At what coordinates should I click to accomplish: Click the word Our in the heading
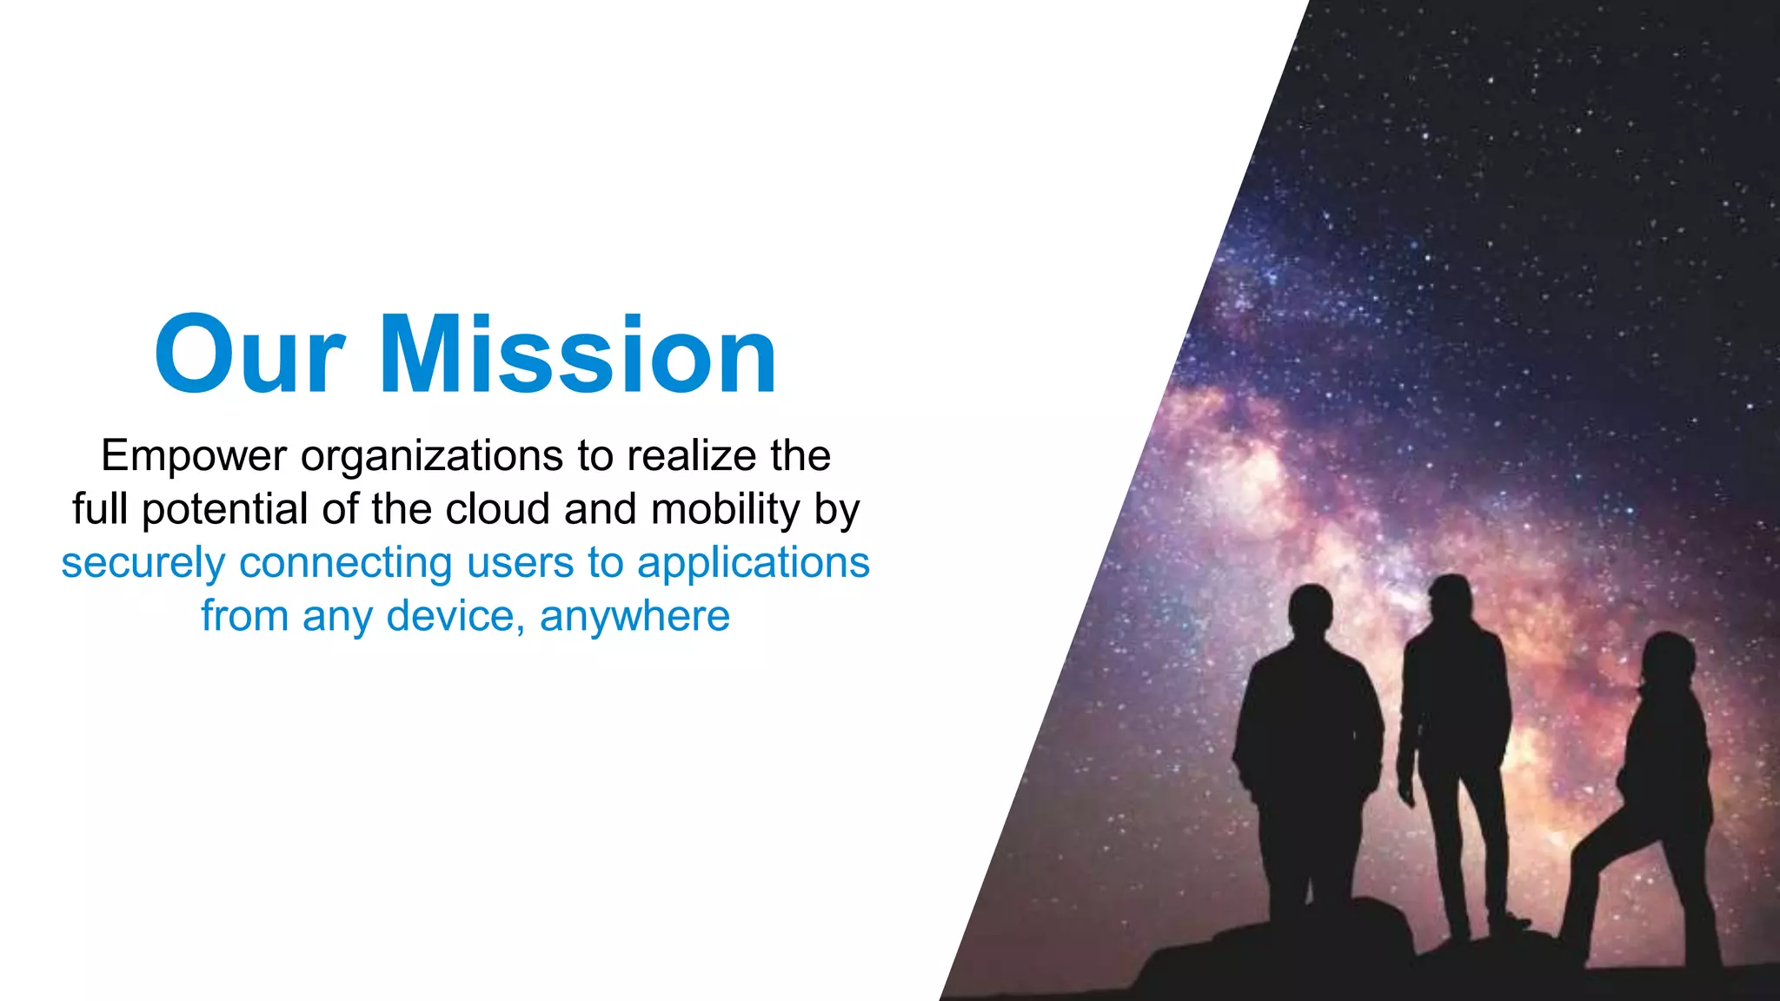[249, 355]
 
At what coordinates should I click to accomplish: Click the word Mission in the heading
[578, 355]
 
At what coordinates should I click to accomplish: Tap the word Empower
[193, 455]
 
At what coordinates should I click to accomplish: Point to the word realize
[692, 455]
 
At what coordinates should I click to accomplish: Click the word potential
[225, 510]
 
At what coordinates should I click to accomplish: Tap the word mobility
[726, 510]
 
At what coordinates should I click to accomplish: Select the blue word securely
[143, 563]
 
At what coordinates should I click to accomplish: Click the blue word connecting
[346, 563]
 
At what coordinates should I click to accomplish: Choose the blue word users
[520, 562]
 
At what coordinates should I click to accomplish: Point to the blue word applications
[754, 563]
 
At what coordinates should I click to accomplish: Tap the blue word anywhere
[634, 617]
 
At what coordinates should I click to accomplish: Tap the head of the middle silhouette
[1449, 600]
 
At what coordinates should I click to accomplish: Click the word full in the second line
[100, 508]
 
